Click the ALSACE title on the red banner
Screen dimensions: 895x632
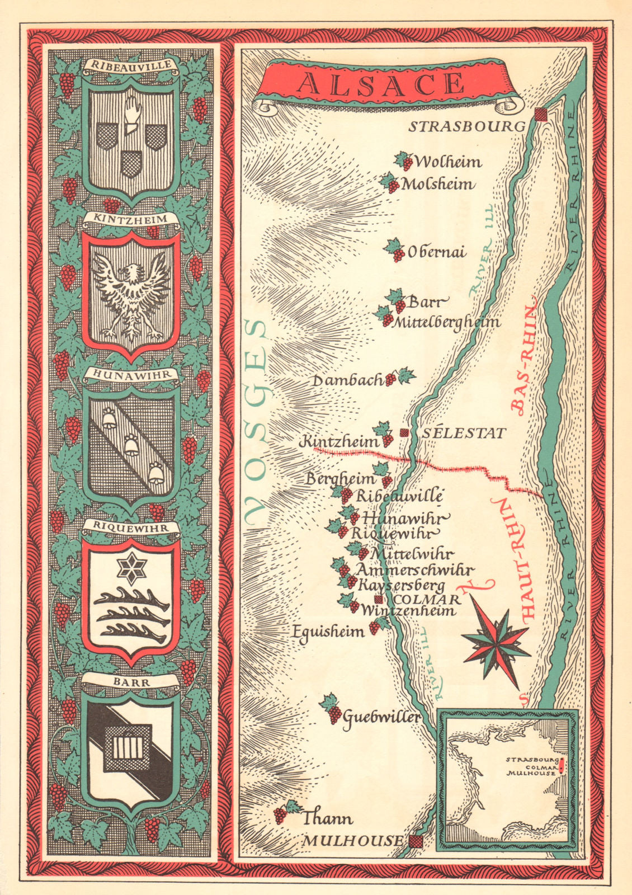tap(381, 84)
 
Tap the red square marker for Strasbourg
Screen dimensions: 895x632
tap(541, 114)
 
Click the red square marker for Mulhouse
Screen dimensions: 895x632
tap(415, 841)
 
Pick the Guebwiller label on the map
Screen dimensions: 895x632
tap(381, 717)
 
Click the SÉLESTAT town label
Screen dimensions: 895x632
tap(464, 433)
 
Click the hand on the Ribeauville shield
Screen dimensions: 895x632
tap(130, 113)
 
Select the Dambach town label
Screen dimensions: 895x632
tap(347, 380)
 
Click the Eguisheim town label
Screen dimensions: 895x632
tap(328, 632)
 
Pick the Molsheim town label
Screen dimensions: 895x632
tap(438, 184)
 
